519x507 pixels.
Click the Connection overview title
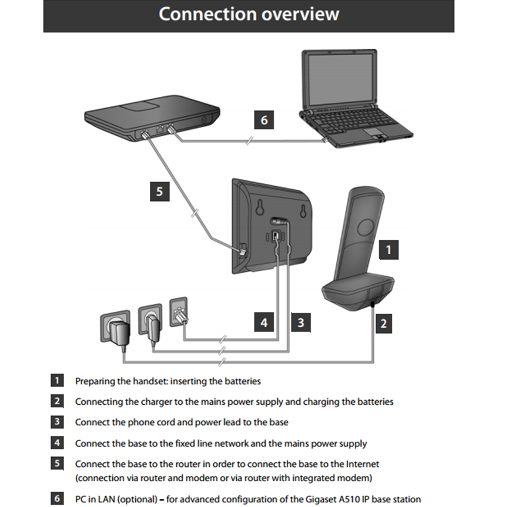(x=249, y=14)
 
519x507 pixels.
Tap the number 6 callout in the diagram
(x=264, y=120)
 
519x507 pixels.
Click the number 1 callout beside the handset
(x=388, y=249)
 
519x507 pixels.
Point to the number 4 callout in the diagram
(x=264, y=322)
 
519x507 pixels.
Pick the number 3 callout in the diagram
(x=300, y=322)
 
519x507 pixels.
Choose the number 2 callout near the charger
(x=384, y=323)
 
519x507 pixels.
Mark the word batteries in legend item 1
(x=240, y=381)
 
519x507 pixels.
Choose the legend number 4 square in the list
(x=57, y=443)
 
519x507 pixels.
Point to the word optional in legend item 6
(x=137, y=499)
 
